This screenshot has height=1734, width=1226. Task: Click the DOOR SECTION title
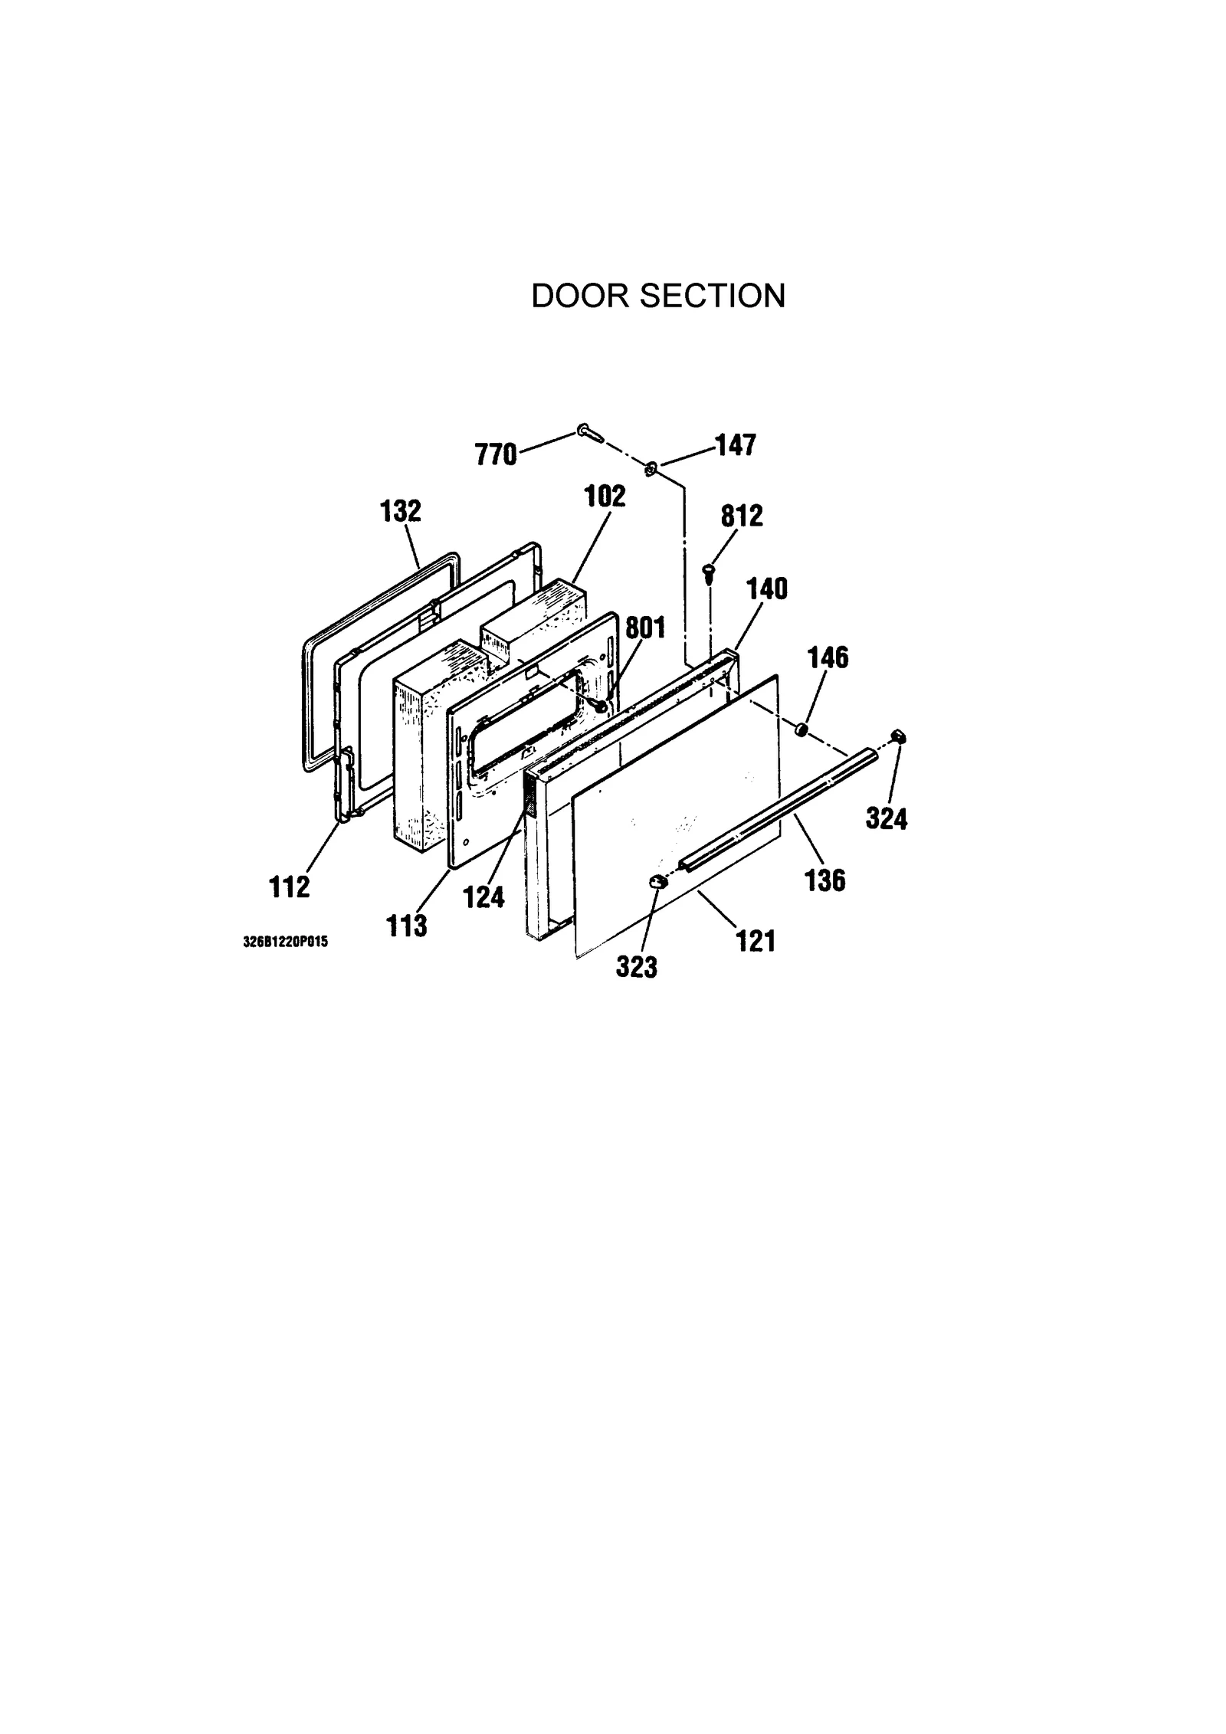click(658, 296)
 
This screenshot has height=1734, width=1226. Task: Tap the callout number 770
click(496, 454)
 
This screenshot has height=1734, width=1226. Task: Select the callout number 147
click(735, 445)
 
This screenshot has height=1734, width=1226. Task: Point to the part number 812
click(741, 516)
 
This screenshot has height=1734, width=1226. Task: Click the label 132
click(401, 511)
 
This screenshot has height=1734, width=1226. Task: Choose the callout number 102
click(605, 496)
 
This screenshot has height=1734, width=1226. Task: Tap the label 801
click(645, 628)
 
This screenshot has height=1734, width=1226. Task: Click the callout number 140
click(766, 589)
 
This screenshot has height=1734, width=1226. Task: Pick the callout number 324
click(887, 819)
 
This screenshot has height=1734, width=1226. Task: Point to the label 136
click(825, 880)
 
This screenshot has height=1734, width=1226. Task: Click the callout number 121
click(756, 941)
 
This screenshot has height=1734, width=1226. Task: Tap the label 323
click(637, 967)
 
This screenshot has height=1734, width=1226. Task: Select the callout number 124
click(484, 896)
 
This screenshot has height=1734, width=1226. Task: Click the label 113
click(406, 926)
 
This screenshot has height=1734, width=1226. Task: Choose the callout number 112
click(290, 887)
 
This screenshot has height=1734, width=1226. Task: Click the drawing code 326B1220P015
click(285, 942)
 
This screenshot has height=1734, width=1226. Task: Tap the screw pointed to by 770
click(589, 433)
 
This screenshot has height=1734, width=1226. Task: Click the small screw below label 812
click(708, 571)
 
